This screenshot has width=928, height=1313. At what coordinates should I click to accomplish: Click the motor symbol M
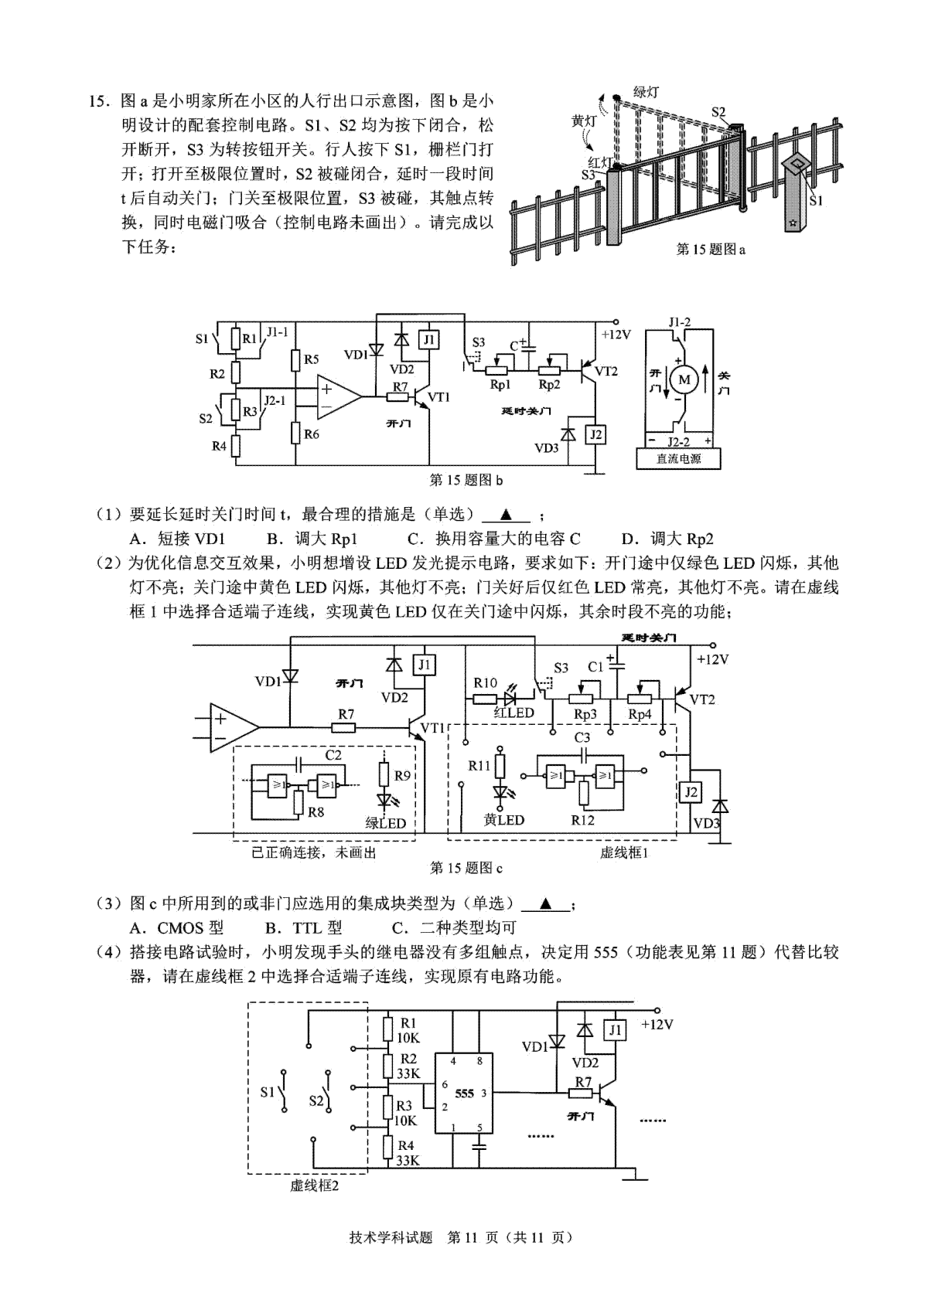point(684,379)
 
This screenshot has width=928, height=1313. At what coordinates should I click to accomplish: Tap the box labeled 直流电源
point(679,459)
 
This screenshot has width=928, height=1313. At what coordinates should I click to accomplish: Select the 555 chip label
point(464,1094)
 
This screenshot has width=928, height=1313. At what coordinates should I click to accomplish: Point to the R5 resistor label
point(311,359)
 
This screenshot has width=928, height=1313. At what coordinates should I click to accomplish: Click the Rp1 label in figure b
point(500,385)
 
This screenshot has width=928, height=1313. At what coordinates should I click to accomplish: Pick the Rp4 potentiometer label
point(640,715)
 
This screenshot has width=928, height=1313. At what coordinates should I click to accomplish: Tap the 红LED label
point(513,713)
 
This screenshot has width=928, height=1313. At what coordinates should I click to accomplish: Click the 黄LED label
point(503,819)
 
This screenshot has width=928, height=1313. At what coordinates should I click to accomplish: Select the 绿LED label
point(385,823)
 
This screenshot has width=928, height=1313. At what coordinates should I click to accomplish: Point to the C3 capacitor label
point(582,737)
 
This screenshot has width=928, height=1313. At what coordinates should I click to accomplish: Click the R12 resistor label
point(582,819)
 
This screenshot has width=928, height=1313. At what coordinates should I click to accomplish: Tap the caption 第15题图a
point(711,250)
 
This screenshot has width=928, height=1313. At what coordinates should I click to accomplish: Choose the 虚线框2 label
point(315,1185)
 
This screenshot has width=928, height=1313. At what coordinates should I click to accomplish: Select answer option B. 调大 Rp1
point(312,539)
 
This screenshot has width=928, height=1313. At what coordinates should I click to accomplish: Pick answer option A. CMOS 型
point(176,928)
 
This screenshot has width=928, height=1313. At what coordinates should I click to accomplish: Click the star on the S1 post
point(793,222)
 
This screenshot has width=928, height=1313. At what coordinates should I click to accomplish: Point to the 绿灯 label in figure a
point(645,92)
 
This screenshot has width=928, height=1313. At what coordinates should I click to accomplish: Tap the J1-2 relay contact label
point(679,321)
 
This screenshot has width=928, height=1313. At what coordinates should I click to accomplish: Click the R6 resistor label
point(312,434)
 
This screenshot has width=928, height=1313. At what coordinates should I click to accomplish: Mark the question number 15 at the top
point(99,101)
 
